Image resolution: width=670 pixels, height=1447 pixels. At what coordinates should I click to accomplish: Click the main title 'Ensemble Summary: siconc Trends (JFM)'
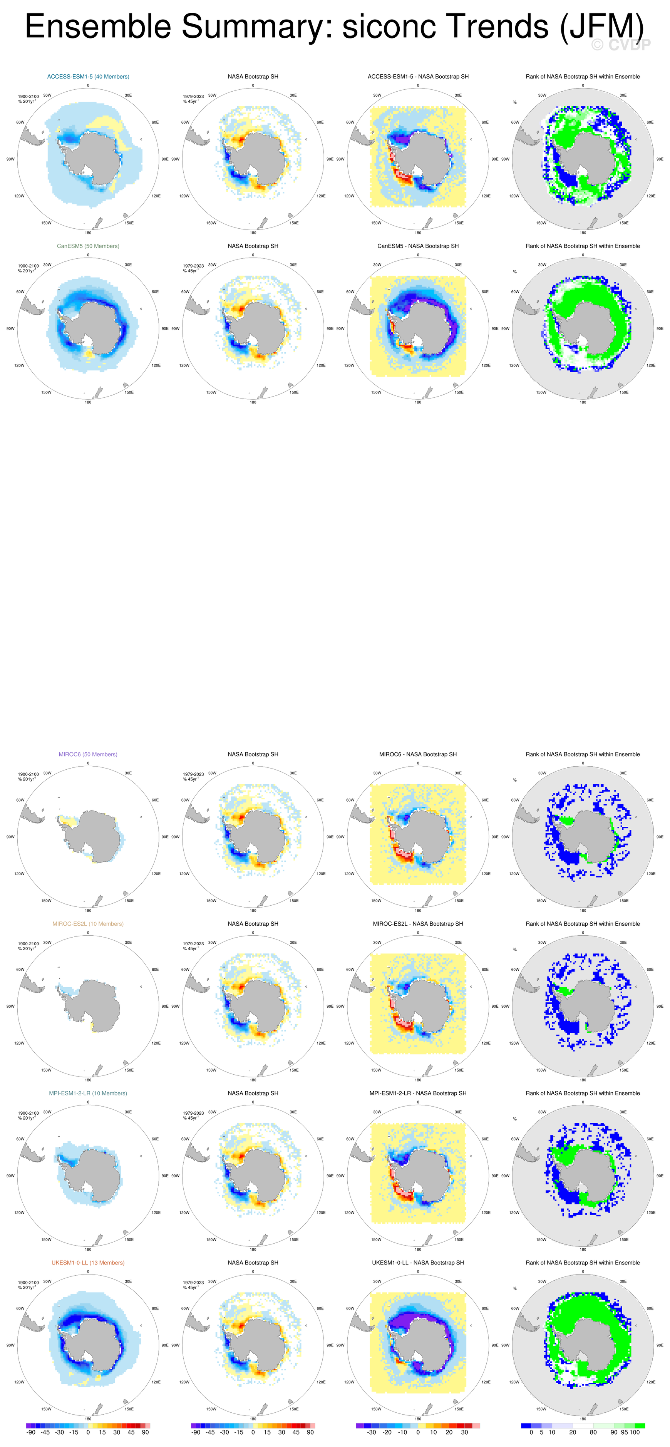(334, 27)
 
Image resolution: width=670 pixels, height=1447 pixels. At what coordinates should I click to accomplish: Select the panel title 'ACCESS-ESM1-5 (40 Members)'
(88, 76)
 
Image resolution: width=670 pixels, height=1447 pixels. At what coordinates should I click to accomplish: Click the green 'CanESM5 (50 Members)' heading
(88, 246)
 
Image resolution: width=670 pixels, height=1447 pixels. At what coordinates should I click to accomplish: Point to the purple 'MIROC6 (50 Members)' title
(88, 754)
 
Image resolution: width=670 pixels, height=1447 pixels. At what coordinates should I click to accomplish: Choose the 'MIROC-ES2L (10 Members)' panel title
(88, 923)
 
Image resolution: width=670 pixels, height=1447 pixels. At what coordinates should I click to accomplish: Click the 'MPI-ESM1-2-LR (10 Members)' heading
(88, 1093)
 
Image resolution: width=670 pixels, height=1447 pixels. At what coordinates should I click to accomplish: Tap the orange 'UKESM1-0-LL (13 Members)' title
(88, 1263)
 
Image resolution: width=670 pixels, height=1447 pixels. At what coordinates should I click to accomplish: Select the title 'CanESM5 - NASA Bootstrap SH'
(418, 246)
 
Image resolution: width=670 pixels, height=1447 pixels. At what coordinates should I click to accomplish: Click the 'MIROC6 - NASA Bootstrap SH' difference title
(418, 754)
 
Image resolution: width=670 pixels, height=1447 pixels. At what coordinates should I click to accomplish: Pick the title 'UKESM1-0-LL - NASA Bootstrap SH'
(418, 1263)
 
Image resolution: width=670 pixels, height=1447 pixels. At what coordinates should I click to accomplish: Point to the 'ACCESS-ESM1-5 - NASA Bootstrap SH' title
(418, 76)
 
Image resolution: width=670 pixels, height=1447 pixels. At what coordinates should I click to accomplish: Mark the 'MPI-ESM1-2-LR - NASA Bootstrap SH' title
(418, 1093)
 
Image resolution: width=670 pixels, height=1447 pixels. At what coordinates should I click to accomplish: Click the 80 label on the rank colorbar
(593, 1432)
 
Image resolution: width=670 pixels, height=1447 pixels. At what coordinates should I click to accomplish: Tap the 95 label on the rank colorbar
(624, 1432)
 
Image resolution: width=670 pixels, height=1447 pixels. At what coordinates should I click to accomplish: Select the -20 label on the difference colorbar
(387, 1432)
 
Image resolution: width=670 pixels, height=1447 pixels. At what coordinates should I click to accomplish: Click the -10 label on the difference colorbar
(403, 1432)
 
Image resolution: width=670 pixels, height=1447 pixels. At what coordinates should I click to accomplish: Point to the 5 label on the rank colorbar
(541, 1432)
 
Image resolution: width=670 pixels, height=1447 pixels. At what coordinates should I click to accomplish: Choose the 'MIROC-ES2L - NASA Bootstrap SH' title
(418, 923)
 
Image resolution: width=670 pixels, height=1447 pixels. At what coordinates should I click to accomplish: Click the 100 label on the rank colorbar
(635, 1432)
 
